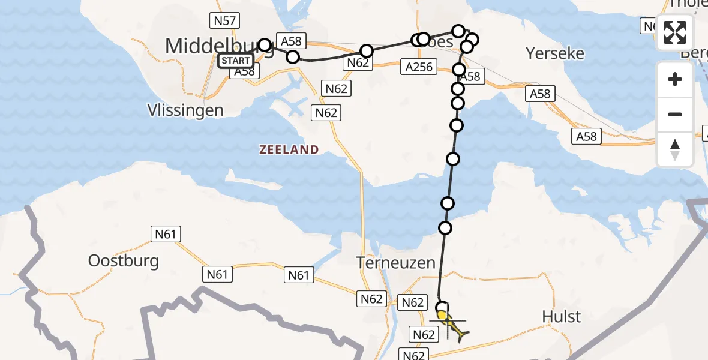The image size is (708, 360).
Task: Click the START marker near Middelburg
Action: tap(236, 61)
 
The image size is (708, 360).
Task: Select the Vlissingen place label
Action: tap(186, 110)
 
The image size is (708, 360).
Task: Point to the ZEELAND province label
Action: tap(289, 150)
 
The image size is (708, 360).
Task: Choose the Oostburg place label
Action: tap(124, 260)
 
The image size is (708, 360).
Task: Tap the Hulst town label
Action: tap(561, 316)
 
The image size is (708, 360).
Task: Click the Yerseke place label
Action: tap(555, 53)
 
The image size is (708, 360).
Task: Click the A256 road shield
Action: tap(418, 67)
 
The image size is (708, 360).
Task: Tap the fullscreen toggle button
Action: tap(675, 32)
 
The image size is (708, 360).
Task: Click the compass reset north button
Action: tap(675, 149)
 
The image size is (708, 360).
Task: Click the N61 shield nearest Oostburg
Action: tap(166, 233)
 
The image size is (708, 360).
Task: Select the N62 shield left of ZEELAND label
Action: tap(326, 112)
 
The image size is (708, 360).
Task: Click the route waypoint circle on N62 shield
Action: tap(366, 51)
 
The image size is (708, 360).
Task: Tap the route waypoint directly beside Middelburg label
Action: tap(265, 45)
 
